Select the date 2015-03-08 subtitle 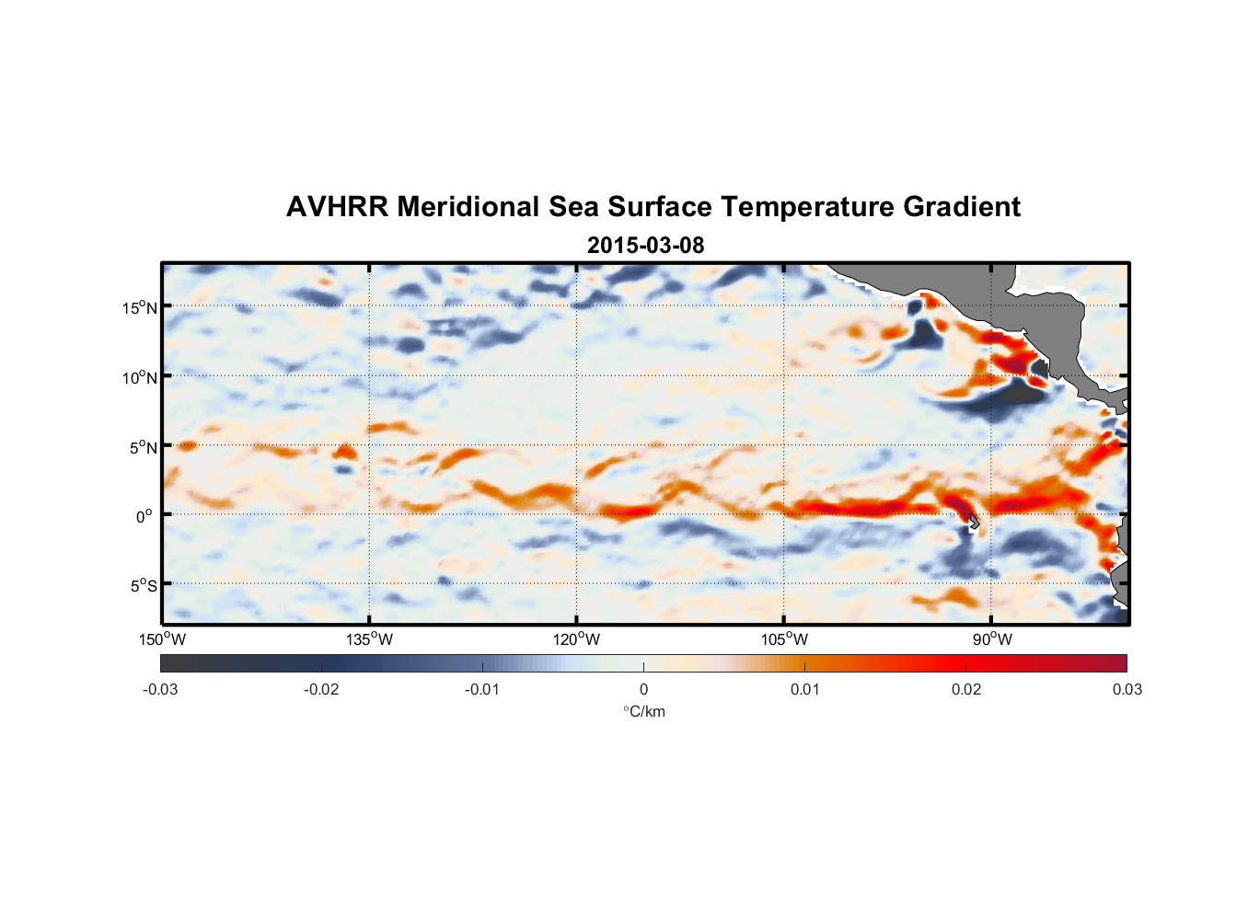point(645,246)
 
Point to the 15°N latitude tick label point(140,307)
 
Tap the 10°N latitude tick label point(140,377)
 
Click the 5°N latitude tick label point(144,447)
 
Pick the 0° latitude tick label point(144,516)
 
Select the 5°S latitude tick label point(144,585)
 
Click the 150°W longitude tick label point(162,639)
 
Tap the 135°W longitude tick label point(369,639)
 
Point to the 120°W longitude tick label point(576,639)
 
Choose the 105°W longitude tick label point(784,639)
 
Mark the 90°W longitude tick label point(991,639)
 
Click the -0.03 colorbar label point(160,689)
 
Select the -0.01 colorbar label point(482,689)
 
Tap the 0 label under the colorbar point(643,689)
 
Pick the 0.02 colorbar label point(966,689)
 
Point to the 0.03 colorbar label point(1127,689)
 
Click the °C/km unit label point(644,711)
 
